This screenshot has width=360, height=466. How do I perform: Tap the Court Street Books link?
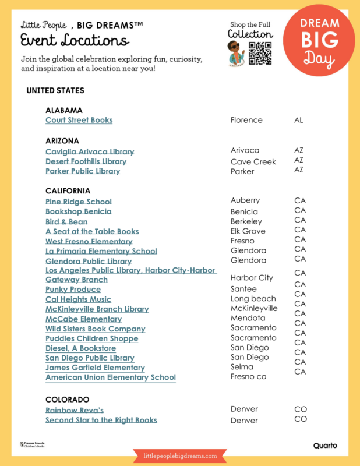click(x=79, y=120)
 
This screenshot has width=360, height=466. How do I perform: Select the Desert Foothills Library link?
click(x=86, y=161)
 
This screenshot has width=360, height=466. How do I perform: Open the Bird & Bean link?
click(x=66, y=221)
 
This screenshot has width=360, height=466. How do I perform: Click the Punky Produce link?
click(x=73, y=290)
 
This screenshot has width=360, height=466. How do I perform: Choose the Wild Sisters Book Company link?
click(x=87, y=329)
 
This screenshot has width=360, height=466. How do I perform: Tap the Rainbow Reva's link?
click(x=75, y=410)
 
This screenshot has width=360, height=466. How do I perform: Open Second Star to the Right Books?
click(x=101, y=420)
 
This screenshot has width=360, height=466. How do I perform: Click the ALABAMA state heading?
click(x=63, y=110)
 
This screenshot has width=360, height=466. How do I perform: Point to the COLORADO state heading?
click(x=67, y=400)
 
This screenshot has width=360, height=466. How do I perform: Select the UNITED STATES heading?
click(x=55, y=91)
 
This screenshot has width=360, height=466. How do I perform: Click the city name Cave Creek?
click(x=253, y=162)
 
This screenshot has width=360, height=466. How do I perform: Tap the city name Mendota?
click(x=248, y=318)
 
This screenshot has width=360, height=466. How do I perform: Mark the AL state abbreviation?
click(x=299, y=120)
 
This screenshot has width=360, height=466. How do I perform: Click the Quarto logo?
click(x=325, y=446)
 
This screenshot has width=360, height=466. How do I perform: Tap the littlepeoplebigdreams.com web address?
click(x=179, y=456)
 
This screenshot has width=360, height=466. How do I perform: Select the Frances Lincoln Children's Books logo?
click(x=32, y=445)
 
